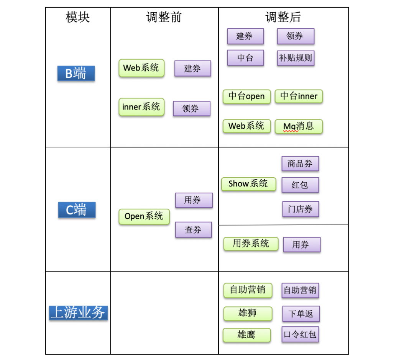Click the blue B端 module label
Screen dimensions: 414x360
coord(76,73)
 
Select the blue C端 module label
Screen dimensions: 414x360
coord(77,210)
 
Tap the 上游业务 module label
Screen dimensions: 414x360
coord(78,313)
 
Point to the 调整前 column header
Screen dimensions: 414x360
coord(164,17)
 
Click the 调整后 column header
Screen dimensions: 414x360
coord(283,17)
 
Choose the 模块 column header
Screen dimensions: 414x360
coord(78,17)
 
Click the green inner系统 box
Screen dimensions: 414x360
coord(141,107)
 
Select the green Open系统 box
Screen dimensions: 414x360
coord(144,216)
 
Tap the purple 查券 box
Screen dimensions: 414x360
coord(193,230)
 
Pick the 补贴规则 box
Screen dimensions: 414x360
coord(296,58)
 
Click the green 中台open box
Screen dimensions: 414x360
coord(246,97)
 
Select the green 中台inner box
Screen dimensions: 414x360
coord(299,97)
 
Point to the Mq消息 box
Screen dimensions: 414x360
coord(299,126)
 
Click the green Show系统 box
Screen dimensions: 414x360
coord(248,184)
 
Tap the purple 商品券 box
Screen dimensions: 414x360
coord(300,164)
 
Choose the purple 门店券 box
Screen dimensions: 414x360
coord(301,209)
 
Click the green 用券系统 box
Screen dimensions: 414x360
coord(251,244)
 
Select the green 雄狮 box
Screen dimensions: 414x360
coord(247,313)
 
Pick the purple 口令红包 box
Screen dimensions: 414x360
coord(300,334)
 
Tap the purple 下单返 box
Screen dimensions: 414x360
coord(301,314)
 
